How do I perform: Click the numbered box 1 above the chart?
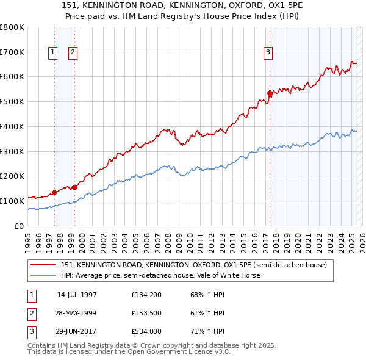point(53,53)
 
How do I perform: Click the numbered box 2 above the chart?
point(73,53)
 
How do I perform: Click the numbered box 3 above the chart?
point(268,53)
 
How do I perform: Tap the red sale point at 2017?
point(270,93)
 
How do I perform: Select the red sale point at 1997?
point(54,192)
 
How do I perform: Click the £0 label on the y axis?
point(20,226)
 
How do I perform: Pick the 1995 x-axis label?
point(27,239)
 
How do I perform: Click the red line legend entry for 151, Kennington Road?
point(194,265)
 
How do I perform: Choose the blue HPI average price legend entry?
point(160,275)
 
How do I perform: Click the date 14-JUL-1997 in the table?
point(77,295)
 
